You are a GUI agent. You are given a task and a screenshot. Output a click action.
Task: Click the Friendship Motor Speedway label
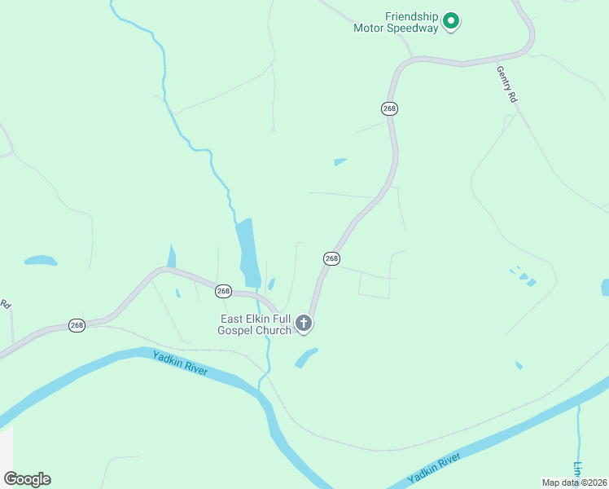396,22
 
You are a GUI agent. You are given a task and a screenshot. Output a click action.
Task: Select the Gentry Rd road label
506,83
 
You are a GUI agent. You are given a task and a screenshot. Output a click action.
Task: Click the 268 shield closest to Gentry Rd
389,108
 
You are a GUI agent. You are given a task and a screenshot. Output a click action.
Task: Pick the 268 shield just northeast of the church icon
331,258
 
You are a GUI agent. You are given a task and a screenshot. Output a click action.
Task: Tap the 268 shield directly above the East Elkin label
224,291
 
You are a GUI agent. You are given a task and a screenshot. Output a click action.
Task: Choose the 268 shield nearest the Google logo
77,325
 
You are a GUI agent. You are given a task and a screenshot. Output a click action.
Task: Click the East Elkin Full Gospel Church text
255,324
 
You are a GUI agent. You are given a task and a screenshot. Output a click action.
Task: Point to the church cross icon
304,324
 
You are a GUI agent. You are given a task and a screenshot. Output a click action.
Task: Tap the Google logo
27,479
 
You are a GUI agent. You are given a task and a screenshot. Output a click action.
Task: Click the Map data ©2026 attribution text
573,482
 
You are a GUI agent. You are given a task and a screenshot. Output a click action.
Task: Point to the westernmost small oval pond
40,261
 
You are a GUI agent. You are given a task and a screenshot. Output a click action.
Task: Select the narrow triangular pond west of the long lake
172,256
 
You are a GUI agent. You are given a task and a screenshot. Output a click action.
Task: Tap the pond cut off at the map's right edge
605,287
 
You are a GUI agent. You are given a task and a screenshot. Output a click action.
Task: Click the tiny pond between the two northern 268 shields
340,161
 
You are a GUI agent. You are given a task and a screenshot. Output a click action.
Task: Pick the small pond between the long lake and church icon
271,284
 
